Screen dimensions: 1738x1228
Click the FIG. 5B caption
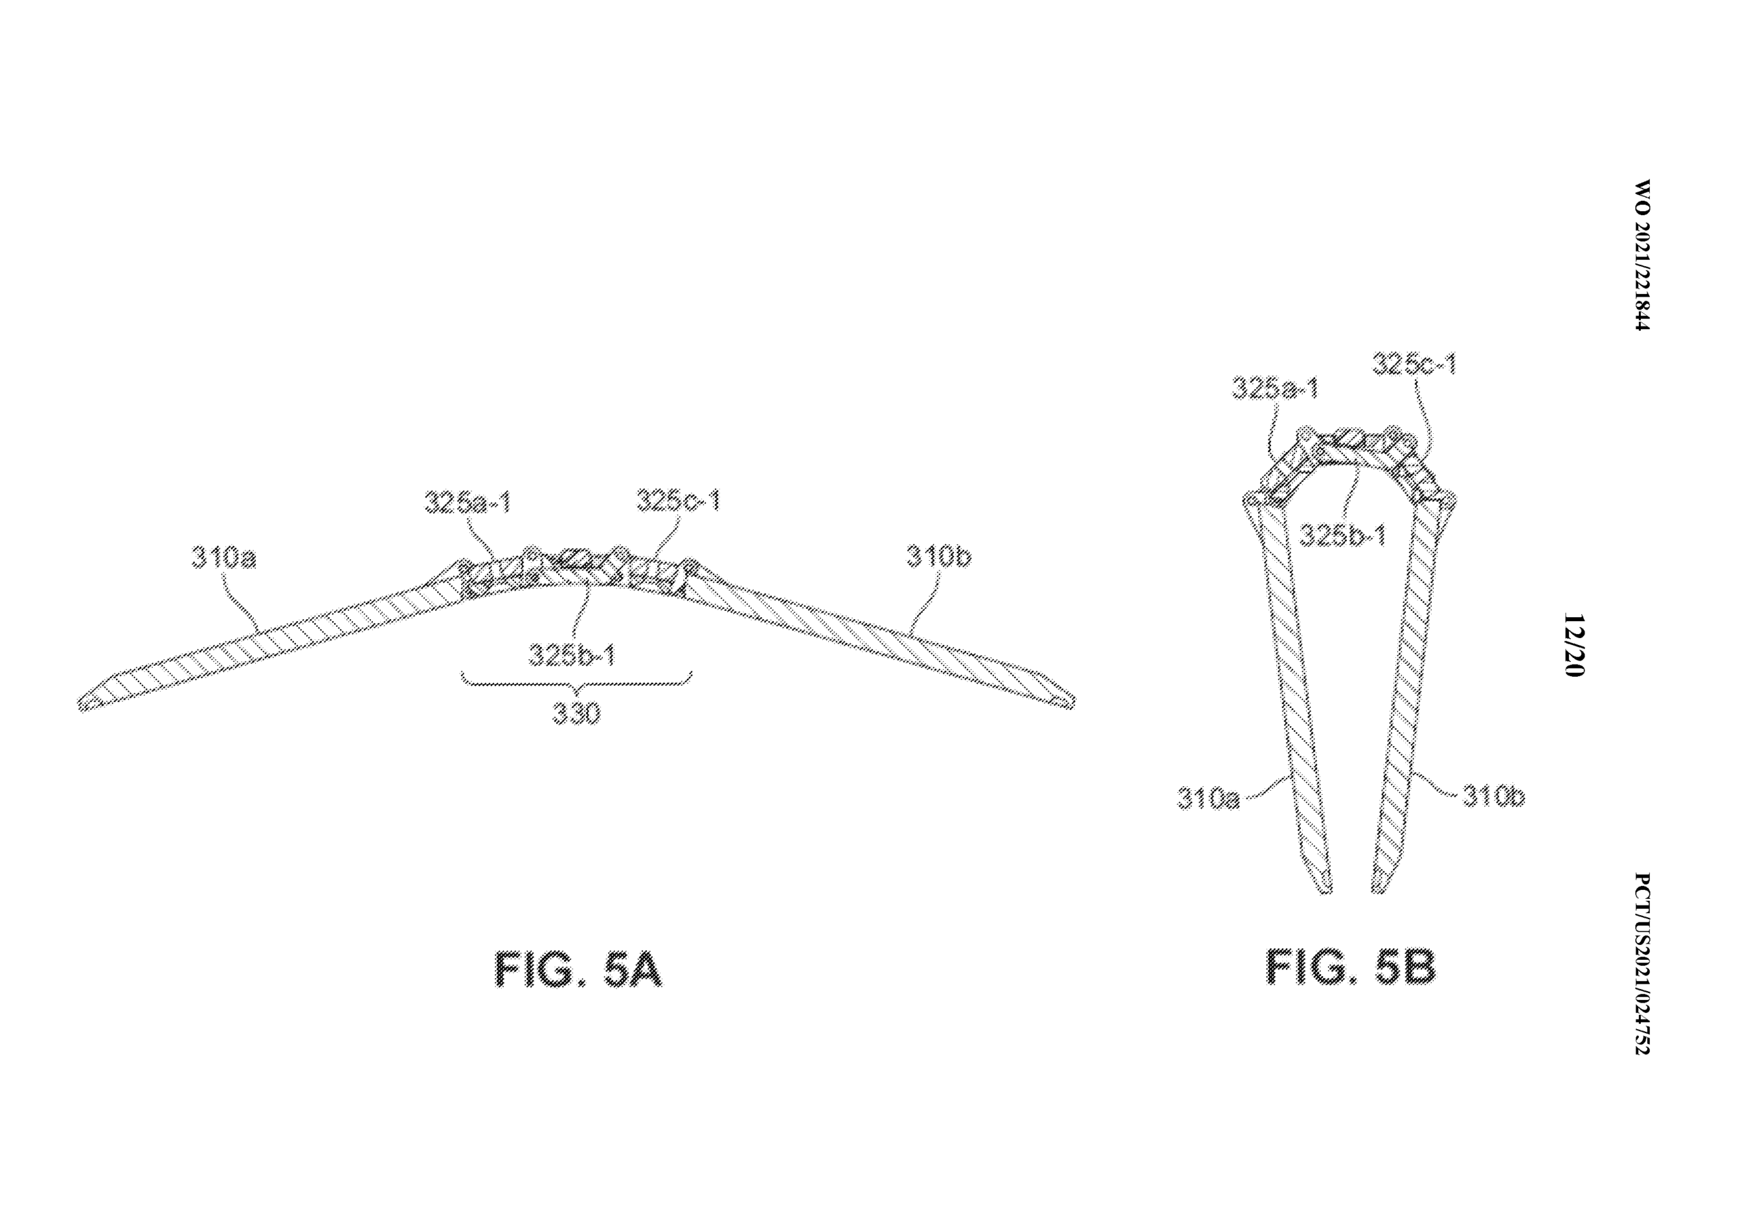[1351, 967]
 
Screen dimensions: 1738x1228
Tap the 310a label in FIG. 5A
[224, 558]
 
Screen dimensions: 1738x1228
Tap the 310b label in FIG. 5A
[939, 557]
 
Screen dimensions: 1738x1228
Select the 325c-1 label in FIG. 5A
[678, 500]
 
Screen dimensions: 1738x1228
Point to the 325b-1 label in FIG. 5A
[572, 655]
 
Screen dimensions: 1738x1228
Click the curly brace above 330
[577, 684]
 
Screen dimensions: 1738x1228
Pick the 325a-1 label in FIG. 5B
[1276, 388]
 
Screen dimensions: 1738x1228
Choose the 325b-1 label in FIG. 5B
[1343, 536]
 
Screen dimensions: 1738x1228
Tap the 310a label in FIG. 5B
[1209, 798]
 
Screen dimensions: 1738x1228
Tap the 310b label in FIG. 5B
[1494, 796]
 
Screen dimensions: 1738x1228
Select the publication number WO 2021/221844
[1640, 255]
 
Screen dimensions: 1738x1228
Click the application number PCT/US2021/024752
[1640, 964]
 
